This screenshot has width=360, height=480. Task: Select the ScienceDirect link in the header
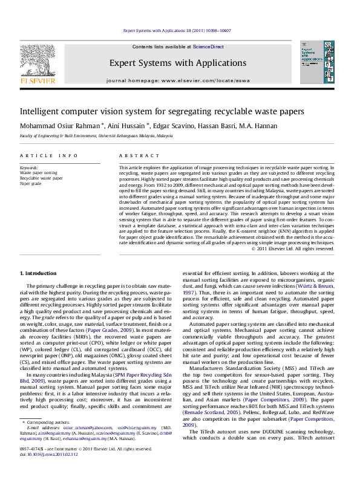[208, 47]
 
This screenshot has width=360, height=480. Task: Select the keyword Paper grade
[32, 183]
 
